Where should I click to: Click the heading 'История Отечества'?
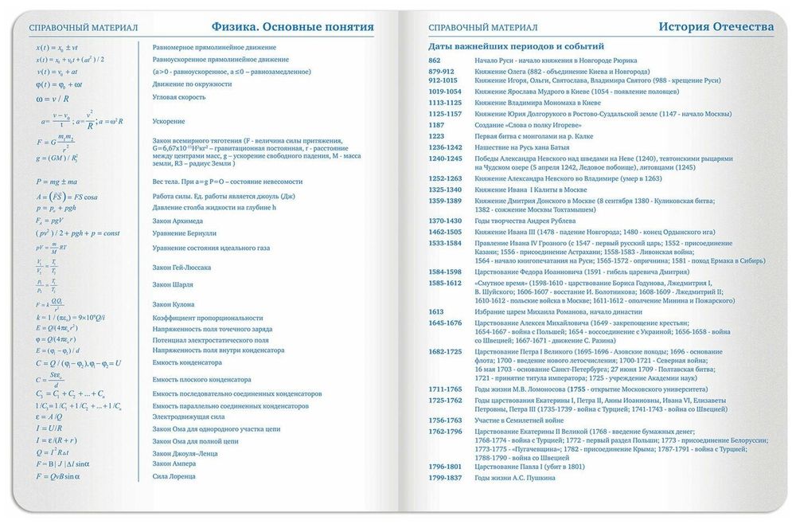tap(716, 27)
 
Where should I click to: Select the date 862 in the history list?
tap(435, 61)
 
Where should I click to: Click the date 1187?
tap(437, 125)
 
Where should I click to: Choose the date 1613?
tap(436, 311)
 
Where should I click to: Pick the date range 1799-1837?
tap(445, 477)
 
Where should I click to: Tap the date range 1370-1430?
tap(445, 221)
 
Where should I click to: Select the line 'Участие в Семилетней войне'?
tap(519, 420)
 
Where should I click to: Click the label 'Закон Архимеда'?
tap(178, 221)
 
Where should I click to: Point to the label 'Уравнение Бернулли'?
tap(184, 233)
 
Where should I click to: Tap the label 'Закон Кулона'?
tap(174, 304)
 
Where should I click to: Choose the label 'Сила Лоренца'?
tap(174, 476)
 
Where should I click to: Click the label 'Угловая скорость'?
tap(179, 97)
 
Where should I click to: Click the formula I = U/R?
tap(49, 428)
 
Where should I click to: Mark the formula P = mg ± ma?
tap(57, 182)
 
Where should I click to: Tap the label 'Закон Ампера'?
tap(174, 463)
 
